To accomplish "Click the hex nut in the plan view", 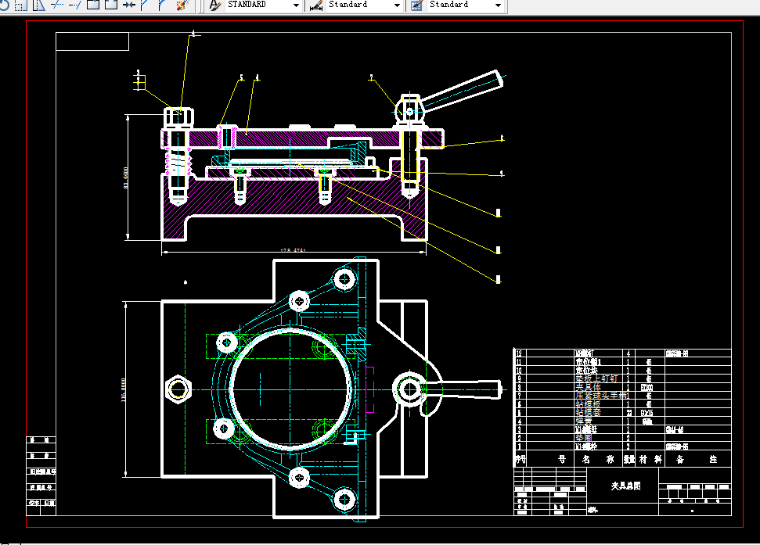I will [178, 388].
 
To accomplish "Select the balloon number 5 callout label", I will [241, 77].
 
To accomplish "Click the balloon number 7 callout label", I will [371, 77].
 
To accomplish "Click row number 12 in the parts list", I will [518, 353].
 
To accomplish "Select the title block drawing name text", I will [625, 486].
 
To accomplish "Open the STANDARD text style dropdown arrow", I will [296, 5].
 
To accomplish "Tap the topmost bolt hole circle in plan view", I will [344, 278].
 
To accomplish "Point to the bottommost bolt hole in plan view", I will [344, 497].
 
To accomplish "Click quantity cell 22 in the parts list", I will [629, 412].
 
